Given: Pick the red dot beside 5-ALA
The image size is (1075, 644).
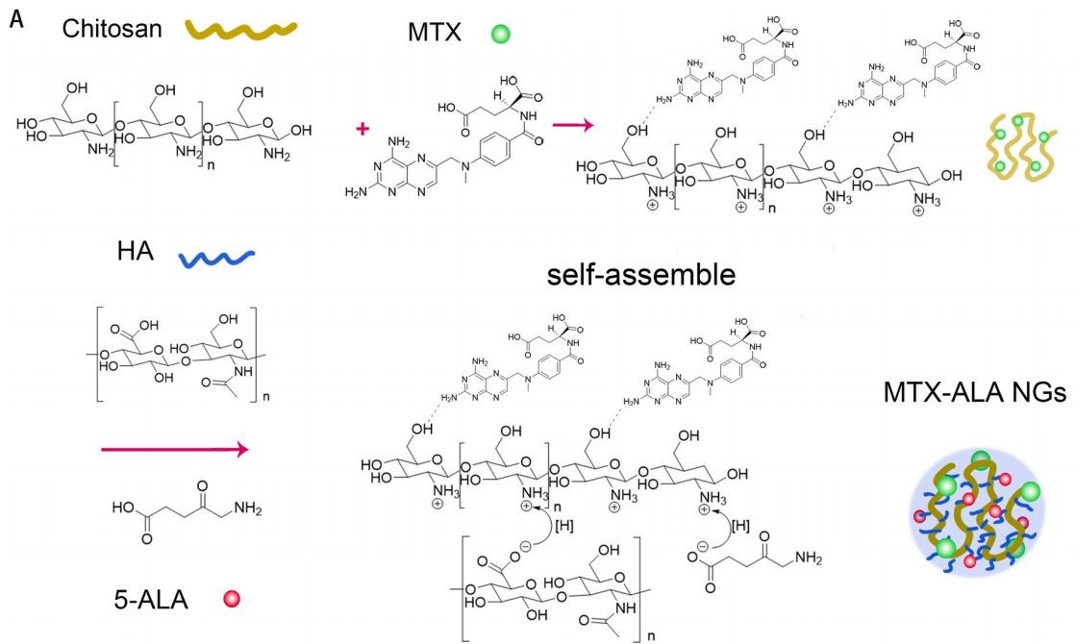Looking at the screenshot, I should pos(230,600).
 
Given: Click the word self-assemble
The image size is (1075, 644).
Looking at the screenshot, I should pos(641,276).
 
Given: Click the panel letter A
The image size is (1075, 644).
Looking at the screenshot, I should pos(15,19).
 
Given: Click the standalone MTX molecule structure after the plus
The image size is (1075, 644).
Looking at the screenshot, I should pos(452,144).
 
